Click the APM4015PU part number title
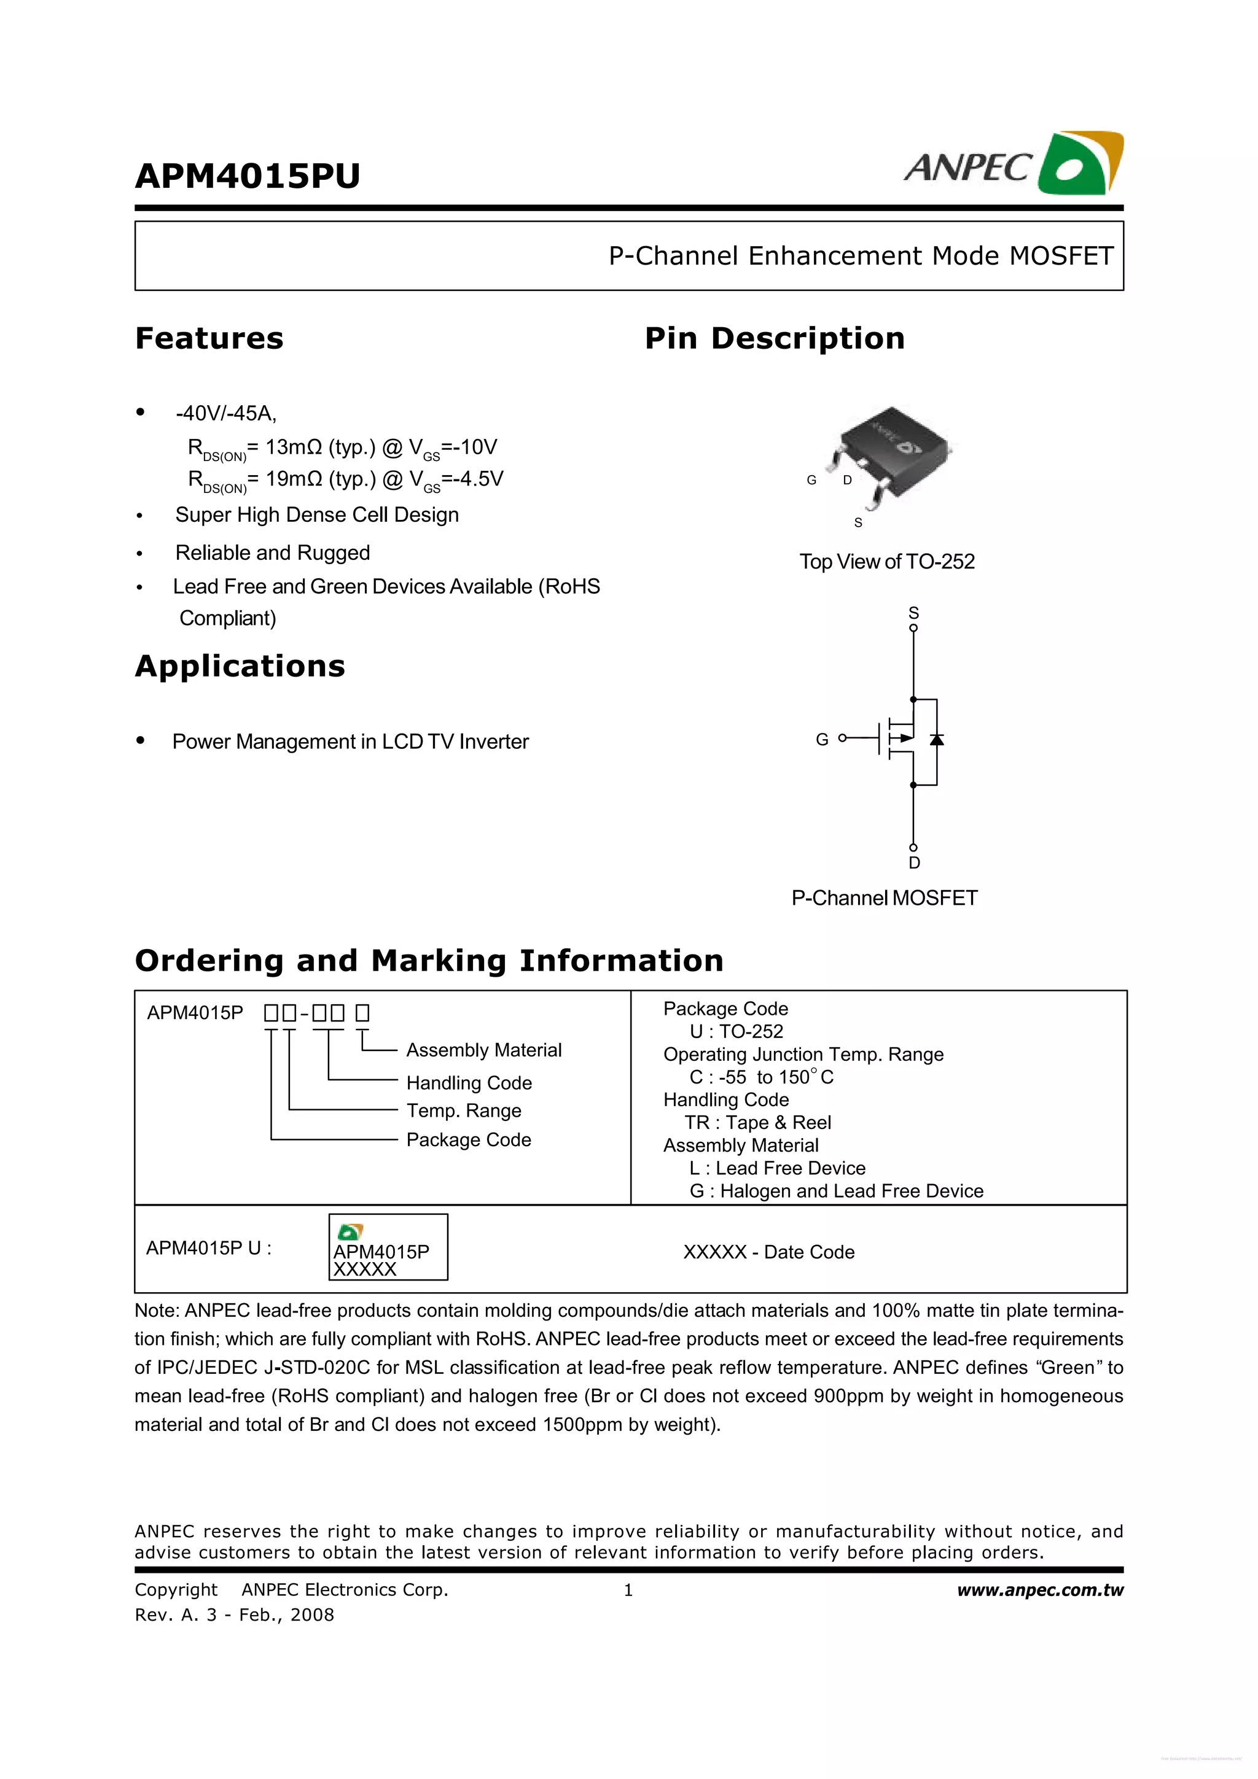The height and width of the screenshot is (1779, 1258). [248, 176]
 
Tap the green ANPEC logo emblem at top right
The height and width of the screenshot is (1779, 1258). [1080, 163]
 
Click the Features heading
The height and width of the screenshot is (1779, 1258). [209, 339]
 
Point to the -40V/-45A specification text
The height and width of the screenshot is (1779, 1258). [225, 414]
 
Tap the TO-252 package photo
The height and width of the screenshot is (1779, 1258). [891, 453]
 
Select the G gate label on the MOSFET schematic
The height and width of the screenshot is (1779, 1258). [822, 740]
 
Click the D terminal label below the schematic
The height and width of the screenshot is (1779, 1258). [914, 863]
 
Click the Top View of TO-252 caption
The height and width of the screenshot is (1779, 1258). [887, 562]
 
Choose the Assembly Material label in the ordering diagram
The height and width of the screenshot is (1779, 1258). [483, 1050]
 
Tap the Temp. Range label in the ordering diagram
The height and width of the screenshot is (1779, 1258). [464, 1110]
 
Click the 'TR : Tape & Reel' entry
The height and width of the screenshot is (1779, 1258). [757, 1123]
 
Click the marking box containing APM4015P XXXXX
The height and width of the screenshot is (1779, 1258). [388, 1247]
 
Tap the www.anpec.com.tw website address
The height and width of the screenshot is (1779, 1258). [1039, 1590]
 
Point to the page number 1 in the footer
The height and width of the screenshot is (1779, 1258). [628, 1591]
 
